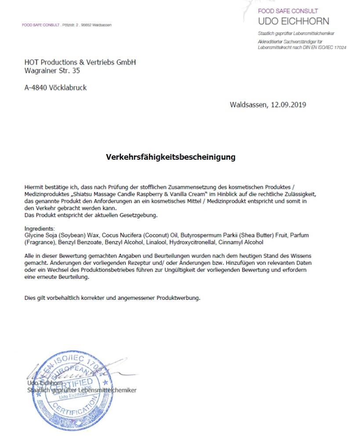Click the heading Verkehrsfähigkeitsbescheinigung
click(x=171, y=157)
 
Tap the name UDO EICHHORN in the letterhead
click(x=293, y=22)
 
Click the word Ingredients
click(x=40, y=229)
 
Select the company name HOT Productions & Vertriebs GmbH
click(x=80, y=62)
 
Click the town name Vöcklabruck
click(x=68, y=88)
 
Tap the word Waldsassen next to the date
click(x=248, y=104)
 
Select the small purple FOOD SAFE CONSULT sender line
click(x=40, y=25)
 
